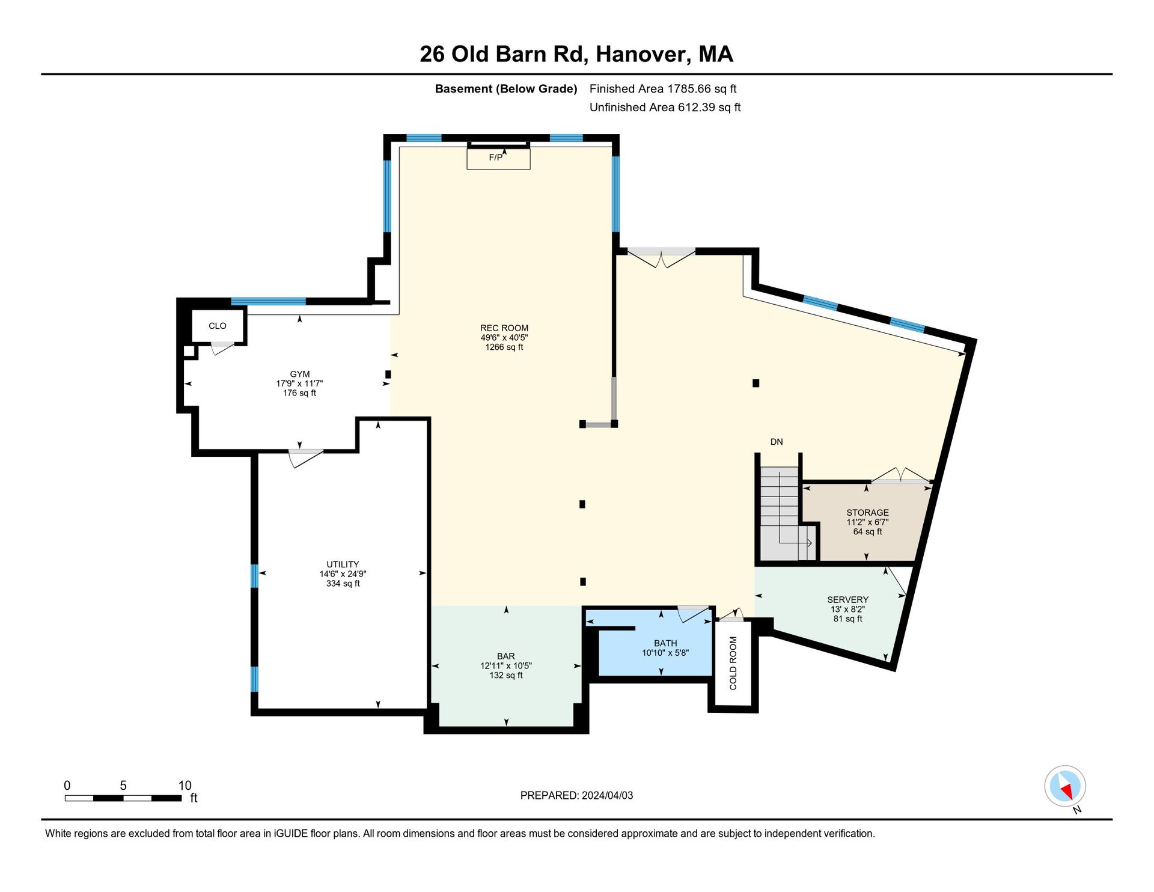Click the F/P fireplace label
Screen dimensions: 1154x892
[x=496, y=157]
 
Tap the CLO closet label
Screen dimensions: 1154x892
[x=218, y=326]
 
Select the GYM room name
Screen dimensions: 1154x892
[x=299, y=374]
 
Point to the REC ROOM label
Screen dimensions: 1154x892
[x=504, y=328]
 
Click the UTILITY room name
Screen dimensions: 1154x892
[x=343, y=564]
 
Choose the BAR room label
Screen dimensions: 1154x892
[x=506, y=656]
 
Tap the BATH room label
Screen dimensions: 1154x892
[x=665, y=643]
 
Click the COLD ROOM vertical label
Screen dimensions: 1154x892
[x=733, y=663]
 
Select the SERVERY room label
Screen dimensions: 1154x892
[x=847, y=599]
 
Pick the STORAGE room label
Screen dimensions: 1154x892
[x=867, y=513]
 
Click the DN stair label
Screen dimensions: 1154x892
[x=777, y=442]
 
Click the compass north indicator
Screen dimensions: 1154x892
[x=1065, y=786]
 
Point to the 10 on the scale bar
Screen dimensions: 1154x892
[x=185, y=786]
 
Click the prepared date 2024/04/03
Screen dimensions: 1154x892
[x=607, y=795]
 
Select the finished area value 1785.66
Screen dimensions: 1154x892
[x=688, y=88]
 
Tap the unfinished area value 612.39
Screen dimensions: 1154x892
[x=699, y=107]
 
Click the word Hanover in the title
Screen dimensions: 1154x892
[x=641, y=54]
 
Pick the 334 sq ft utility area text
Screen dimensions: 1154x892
[x=343, y=584]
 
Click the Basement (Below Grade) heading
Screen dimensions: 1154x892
[x=506, y=89]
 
